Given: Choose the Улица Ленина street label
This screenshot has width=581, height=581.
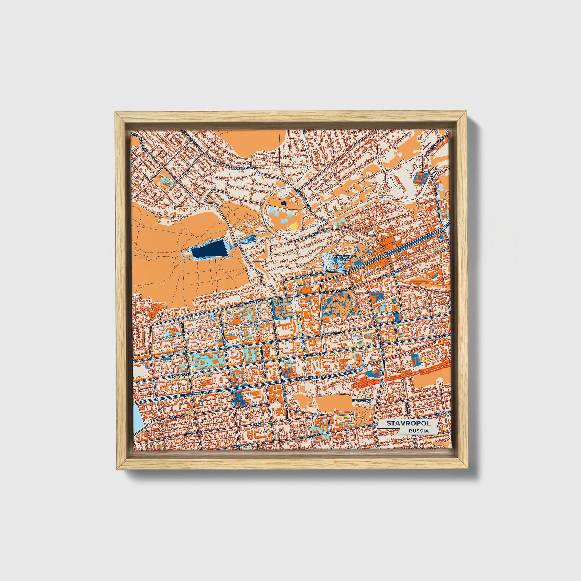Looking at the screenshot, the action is point(330,334).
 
